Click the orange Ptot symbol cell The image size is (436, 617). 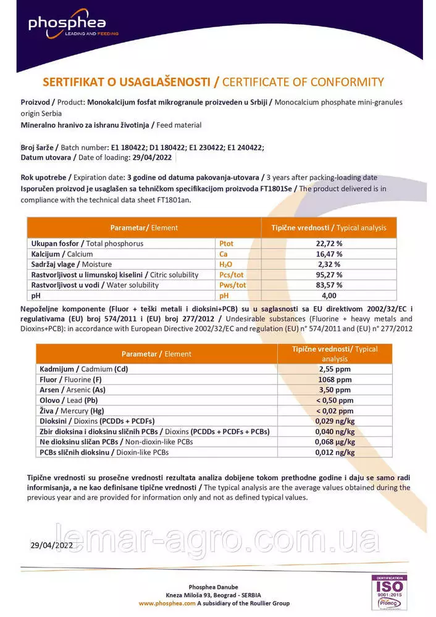tap(227, 244)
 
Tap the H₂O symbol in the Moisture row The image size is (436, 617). tap(226, 264)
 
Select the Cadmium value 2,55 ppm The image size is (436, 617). tap(335, 370)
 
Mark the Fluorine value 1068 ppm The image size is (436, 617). tap(335, 379)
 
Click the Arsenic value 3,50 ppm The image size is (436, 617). tap(335, 390)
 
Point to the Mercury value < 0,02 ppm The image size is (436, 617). tap(335, 411)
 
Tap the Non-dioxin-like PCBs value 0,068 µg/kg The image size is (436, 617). tap(335, 442)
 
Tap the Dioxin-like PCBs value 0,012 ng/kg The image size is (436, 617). tap(335, 452)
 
